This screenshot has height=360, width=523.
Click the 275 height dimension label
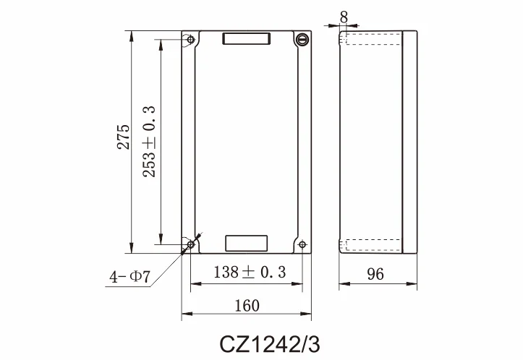point(124,137)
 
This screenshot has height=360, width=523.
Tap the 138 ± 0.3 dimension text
point(250,273)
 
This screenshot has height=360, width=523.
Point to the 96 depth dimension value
point(375,274)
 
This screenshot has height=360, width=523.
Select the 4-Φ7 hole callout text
point(129,276)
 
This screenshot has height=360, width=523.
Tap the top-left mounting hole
point(190,40)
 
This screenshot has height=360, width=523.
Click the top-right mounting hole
point(303,40)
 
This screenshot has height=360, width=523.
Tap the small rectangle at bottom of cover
point(247,243)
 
